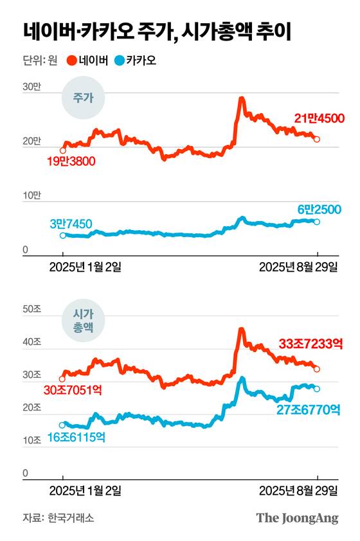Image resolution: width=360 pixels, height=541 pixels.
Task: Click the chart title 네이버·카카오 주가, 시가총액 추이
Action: [157, 31]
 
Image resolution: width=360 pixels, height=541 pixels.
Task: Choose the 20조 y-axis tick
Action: [32, 408]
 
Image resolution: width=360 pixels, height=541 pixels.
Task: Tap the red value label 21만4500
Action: [319, 118]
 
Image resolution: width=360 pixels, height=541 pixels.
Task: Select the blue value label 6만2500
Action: [319, 209]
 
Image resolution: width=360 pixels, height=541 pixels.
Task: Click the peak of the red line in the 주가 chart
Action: [241, 99]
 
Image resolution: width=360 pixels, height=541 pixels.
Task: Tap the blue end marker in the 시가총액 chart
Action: [316, 389]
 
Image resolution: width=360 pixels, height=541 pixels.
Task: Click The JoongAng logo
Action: [297, 518]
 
